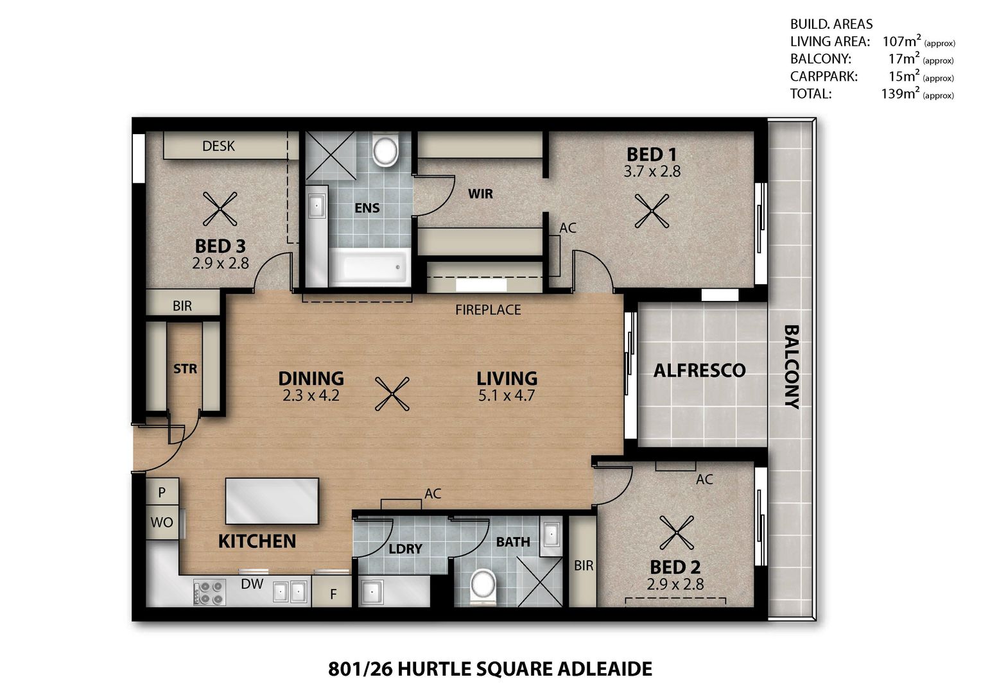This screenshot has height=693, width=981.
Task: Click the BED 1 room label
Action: pyautogui.click(x=651, y=155)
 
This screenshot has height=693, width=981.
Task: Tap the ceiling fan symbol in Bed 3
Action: pyautogui.click(x=220, y=209)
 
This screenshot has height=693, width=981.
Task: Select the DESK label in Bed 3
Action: pyautogui.click(x=218, y=146)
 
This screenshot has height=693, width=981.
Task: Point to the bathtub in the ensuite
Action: pyautogui.click(x=369, y=268)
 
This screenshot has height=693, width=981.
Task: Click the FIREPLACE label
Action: pyautogui.click(x=488, y=310)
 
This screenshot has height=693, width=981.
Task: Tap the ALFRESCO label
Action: pyautogui.click(x=699, y=370)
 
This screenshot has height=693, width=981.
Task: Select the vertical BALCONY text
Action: pyautogui.click(x=792, y=367)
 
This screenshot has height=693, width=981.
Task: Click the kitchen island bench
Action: pyautogui.click(x=272, y=501)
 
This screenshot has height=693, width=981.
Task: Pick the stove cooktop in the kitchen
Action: pyautogui.click(x=209, y=592)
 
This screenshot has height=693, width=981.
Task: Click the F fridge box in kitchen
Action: pyautogui.click(x=333, y=594)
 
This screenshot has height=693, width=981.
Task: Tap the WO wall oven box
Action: pyautogui.click(x=162, y=522)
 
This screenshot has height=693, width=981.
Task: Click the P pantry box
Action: pyautogui.click(x=162, y=493)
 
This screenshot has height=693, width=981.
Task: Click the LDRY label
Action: pyautogui.click(x=405, y=549)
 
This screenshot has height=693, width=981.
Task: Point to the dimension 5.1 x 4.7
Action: pyautogui.click(x=507, y=396)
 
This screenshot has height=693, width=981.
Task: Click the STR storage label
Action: pyautogui.click(x=185, y=369)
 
